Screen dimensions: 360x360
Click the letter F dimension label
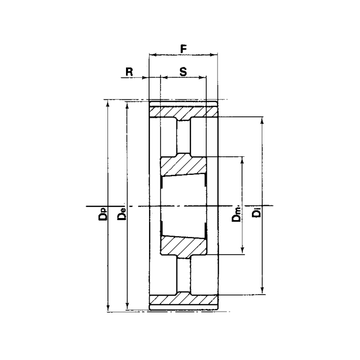(183, 49)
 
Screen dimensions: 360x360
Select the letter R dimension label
(129, 71)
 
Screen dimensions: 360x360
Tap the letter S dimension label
(183, 71)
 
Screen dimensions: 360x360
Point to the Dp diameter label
(103, 214)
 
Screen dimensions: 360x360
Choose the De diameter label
(122, 214)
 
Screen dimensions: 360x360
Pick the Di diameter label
(257, 212)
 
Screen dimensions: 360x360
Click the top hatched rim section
(184, 112)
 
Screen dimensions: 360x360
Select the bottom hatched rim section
(184, 299)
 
